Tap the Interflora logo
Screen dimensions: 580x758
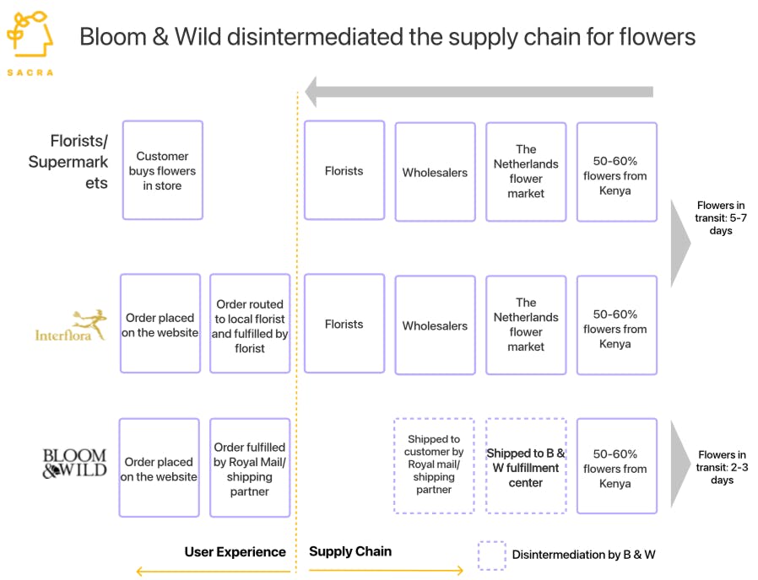point(71,325)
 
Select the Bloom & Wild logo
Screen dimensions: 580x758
point(74,464)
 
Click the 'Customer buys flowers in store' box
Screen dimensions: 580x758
point(163,170)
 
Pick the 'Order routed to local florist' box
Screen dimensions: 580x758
point(250,325)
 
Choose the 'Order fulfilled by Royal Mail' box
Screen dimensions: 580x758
point(250,469)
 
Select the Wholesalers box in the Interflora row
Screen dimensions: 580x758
point(435,325)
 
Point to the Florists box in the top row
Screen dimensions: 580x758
point(344,170)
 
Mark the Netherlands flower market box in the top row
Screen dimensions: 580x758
point(526,172)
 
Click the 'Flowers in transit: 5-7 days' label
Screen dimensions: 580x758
point(721,218)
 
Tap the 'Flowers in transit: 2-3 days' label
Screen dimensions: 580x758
point(721,468)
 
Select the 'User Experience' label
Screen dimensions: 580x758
point(236,552)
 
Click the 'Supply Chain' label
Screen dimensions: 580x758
point(350,552)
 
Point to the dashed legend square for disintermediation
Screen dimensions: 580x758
point(492,556)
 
